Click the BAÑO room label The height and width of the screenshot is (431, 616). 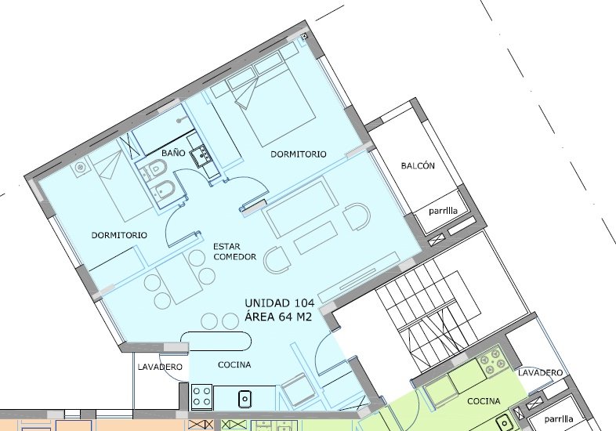point(173,153)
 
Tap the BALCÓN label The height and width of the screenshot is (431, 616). point(418,166)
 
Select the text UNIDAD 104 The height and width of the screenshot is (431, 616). point(279,303)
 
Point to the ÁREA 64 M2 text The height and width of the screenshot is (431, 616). point(278,317)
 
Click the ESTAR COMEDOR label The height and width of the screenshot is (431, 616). point(234,252)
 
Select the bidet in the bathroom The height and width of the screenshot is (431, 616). point(163,192)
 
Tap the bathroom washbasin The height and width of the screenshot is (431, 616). point(201,155)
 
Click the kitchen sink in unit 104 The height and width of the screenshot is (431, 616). point(245,399)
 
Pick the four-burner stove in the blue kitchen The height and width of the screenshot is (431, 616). point(201,397)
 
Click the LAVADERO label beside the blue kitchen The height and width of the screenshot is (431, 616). point(160,367)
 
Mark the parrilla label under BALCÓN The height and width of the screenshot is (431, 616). point(443,211)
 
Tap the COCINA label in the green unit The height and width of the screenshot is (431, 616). point(484,401)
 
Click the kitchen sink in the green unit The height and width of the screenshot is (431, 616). point(504,422)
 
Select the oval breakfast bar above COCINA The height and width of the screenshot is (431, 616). point(216,341)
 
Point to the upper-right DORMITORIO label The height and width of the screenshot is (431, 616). point(298,154)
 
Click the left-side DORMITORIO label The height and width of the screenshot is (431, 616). point(119,235)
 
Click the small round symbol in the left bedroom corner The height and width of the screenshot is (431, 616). point(80,168)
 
